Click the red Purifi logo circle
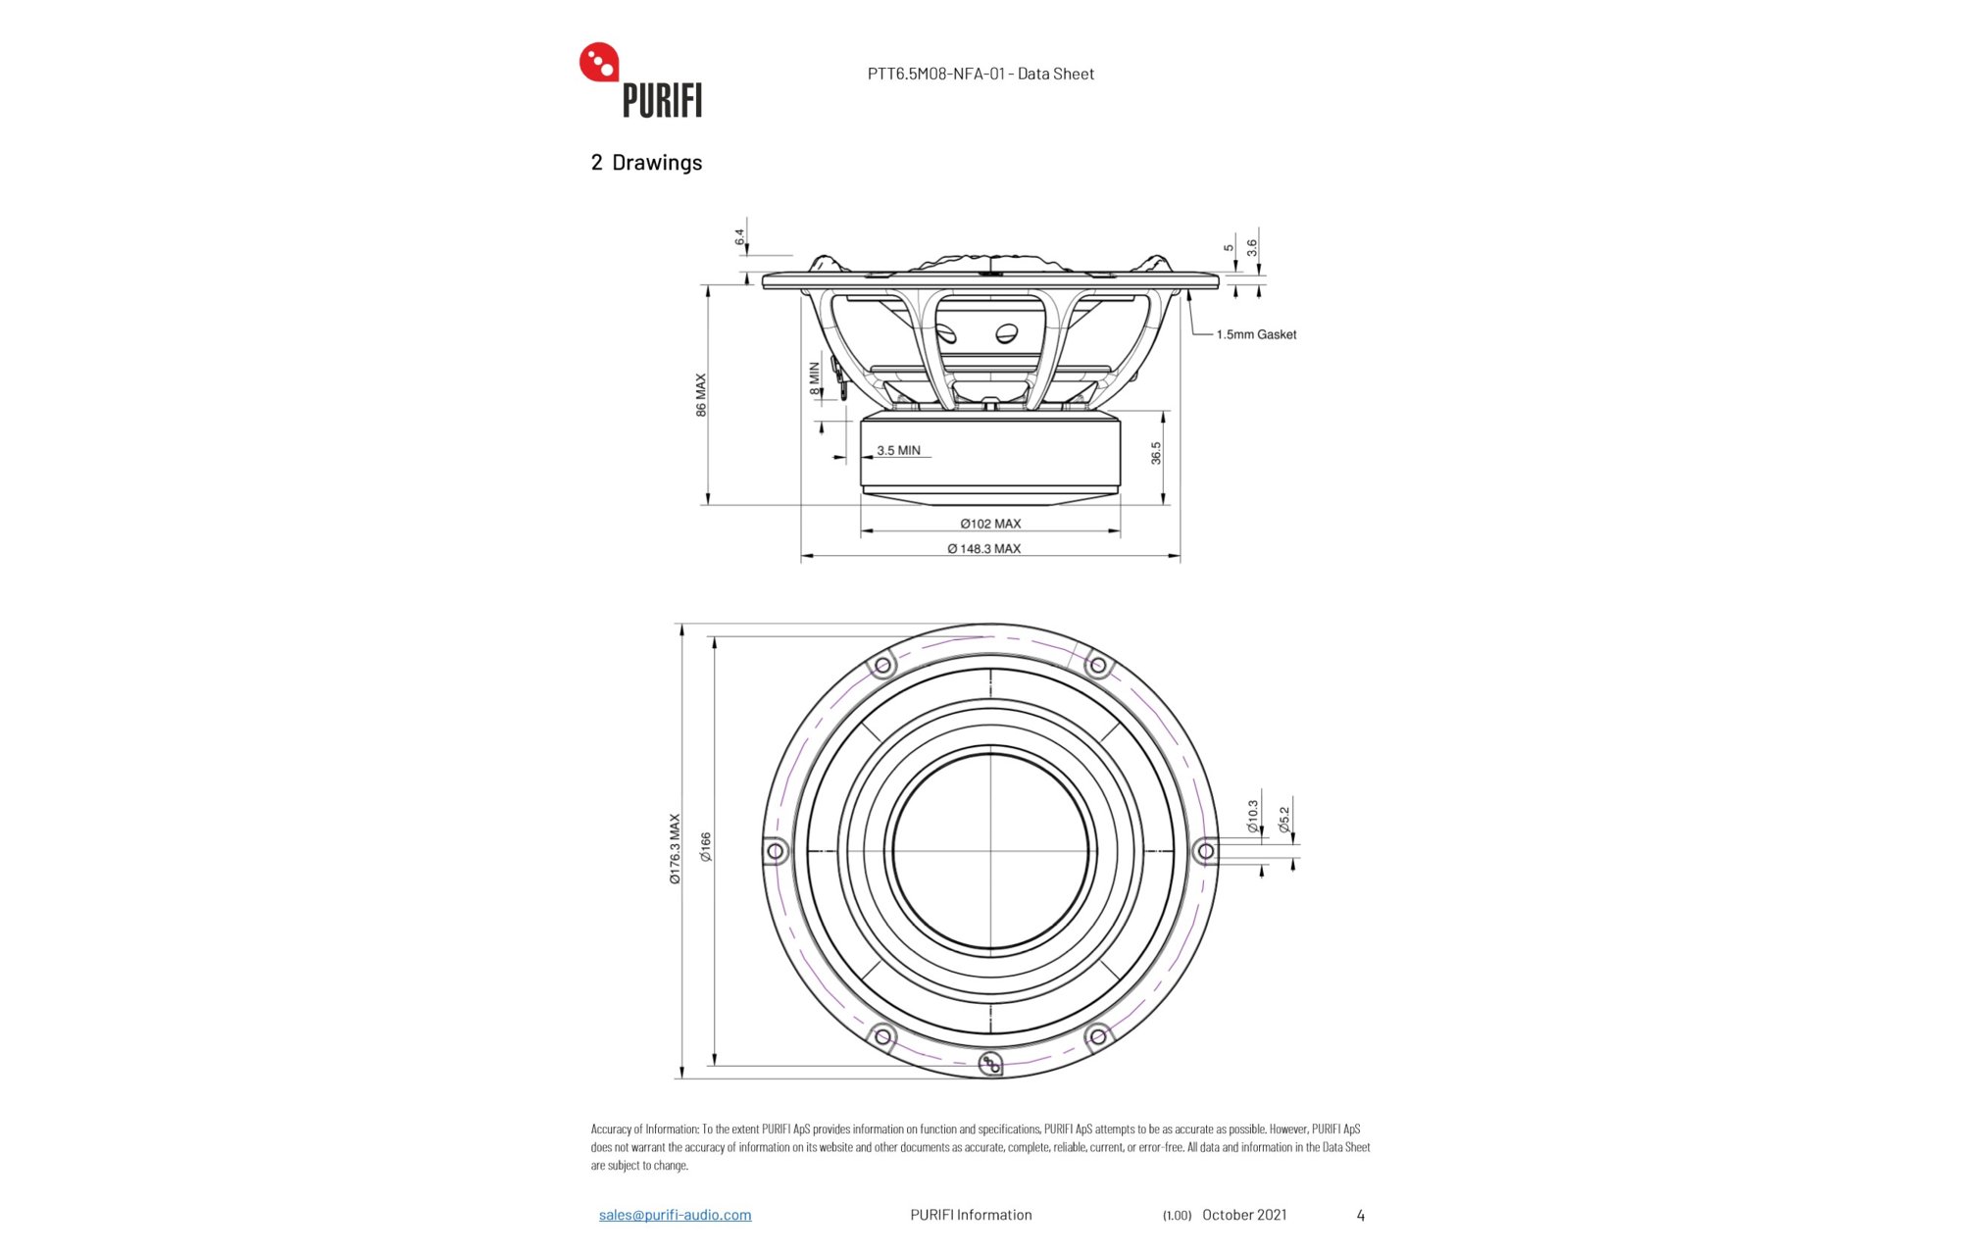(x=599, y=63)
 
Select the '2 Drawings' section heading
(x=646, y=163)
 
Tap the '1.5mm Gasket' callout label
(x=1256, y=334)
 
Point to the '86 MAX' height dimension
(x=701, y=395)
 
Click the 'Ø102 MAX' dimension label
(x=990, y=524)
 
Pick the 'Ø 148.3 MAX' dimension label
(x=983, y=549)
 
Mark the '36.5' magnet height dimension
(x=1156, y=453)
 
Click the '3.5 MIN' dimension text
(x=898, y=451)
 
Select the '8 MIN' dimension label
(x=815, y=378)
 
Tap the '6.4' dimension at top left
(x=740, y=237)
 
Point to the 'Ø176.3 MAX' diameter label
(x=675, y=849)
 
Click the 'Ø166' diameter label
(x=706, y=848)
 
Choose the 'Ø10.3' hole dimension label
(x=1252, y=817)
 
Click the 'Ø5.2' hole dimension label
(x=1284, y=821)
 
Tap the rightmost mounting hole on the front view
(x=1206, y=851)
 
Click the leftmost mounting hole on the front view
(x=776, y=851)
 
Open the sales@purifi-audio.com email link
(x=676, y=1215)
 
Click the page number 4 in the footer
(x=1360, y=1216)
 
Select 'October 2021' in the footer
(x=1244, y=1215)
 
